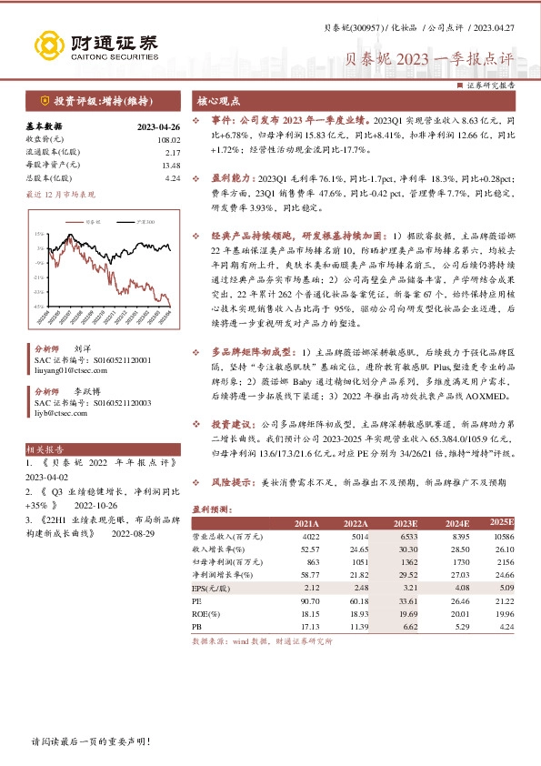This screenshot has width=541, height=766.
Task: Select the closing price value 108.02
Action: pos(169,139)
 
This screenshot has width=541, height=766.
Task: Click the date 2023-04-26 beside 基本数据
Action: pos(159,126)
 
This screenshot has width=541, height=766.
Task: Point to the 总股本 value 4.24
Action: pos(173,178)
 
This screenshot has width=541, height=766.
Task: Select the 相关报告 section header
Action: pos(45,449)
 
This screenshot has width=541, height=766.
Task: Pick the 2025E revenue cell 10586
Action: pos(503,538)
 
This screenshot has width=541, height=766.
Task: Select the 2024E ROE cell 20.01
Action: pos(452,613)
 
